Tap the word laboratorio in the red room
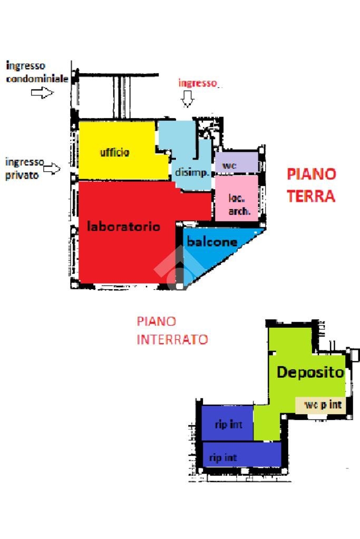click(x=123, y=227)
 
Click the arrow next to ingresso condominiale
click(x=42, y=93)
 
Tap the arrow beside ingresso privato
click(x=52, y=169)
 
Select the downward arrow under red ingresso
click(x=187, y=99)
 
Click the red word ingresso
click(x=197, y=83)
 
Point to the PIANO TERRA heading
click(x=311, y=185)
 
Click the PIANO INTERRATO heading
click(x=172, y=330)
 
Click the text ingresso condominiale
click(x=37, y=73)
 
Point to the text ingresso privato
click(x=24, y=169)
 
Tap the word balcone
click(x=212, y=242)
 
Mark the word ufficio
click(x=115, y=153)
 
